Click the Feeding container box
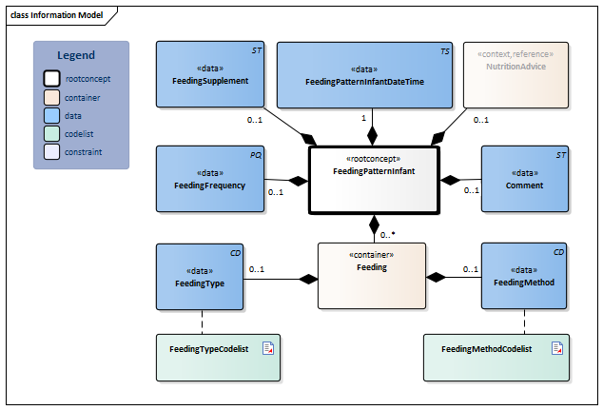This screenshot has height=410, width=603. pyautogui.click(x=371, y=275)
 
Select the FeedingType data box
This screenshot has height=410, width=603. pyautogui.click(x=200, y=277)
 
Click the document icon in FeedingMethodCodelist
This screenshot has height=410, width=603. pyautogui.click(x=556, y=348)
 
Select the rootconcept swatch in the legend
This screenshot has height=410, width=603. pyautogui.click(x=52, y=78)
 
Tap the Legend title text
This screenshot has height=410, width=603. pyautogui.click(x=76, y=55)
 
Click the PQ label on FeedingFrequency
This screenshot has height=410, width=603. pyautogui.click(x=256, y=153)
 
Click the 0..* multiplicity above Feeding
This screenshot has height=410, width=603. pyautogui.click(x=388, y=233)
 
